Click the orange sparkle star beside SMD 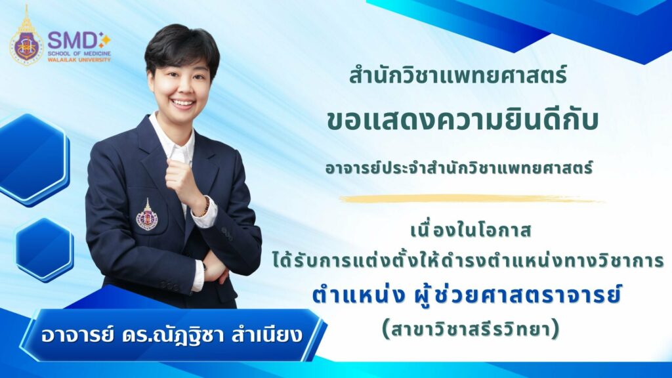104,39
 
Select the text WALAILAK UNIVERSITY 79,60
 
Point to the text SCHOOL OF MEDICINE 79,54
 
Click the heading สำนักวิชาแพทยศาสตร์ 458,74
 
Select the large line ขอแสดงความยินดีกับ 463,121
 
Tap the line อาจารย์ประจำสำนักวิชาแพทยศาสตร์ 459,167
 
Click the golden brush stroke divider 471,199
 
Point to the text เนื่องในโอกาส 471,230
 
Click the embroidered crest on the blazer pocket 147,215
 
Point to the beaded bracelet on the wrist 206,206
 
